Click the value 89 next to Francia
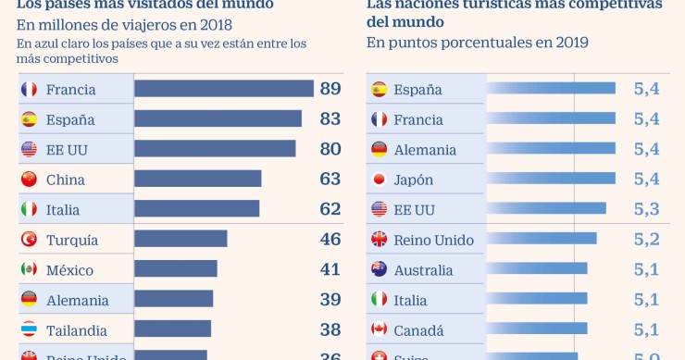[x=330, y=89]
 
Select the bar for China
[x=198, y=179]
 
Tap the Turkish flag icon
[x=29, y=239]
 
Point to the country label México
[x=69, y=269]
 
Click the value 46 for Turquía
[x=330, y=239]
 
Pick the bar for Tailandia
[x=172, y=329]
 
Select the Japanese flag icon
[x=379, y=179]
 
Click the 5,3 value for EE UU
[x=646, y=208]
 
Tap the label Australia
[x=423, y=270]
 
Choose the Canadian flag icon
[x=379, y=329]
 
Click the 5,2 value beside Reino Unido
[x=646, y=239]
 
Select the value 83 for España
[x=330, y=118]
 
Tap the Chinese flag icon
[x=29, y=179]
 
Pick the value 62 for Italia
[x=330, y=209]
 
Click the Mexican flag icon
[x=29, y=269]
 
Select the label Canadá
[x=418, y=330]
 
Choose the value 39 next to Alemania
[x=330, y=299]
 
